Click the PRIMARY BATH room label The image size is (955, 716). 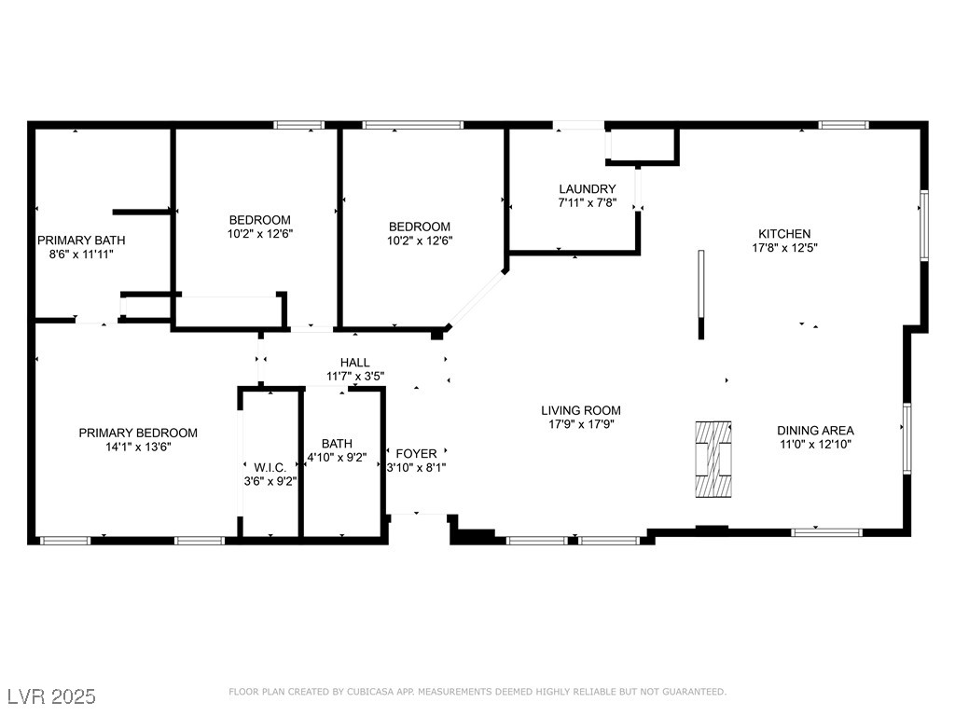pyautogui.click(x=81, y=241)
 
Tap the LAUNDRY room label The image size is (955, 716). pyautogui.click(x=588, y=188)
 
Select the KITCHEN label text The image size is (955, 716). pyautogui.click(x=784, y=234)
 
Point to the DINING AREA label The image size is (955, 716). pyautogui.click(x=815, y=431)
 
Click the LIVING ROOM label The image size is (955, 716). pyautogui.click(x=581, y=410)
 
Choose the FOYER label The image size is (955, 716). pyautogui.click(x=416, y=454)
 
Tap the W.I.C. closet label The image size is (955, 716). pyautogui.click(x=270, y=468)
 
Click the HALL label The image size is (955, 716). pyautogui.click(x=355, y=363)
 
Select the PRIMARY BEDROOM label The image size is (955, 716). pyautogui.click(x=138, y=433)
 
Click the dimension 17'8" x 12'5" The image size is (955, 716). pyautogui.click(x=784, y=248)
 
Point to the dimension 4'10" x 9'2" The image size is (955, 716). pyautogui.click(x=337, y=457)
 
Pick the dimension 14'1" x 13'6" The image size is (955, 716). pyautogui.click(x=138, y=447)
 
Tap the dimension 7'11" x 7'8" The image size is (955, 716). pyautogui.click(x=588, y=202)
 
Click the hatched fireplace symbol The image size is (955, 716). pyautogui.click(x=713, y=459)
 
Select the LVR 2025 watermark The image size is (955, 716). pyautogui.click(x=52, y=696)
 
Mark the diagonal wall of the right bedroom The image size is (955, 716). pyautogui.click(x=477, y=299)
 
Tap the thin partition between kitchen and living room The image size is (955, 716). pyautogui.click(x=701, y=294)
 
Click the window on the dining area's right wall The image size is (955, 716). pyautogui.click(x=907, y=438)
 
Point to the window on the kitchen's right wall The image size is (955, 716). pyautogui.click(x=924, y=226)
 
